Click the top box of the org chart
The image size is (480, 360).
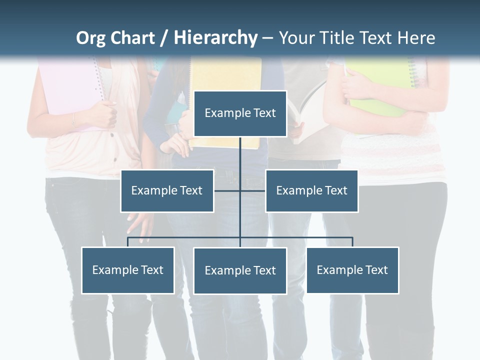pyautogui.click(x=240, y=113)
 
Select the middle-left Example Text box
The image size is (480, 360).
pyautogui.click(x=167, y=190)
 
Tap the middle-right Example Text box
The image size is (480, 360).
pyautogui.click(x=311, y=190)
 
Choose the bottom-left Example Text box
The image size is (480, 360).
pyautogui.click(x=127, y=270)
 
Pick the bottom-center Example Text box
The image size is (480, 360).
pyautogui.click(x=240, y=270)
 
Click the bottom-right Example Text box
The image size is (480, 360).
pyautogui.click(x=352, y=270)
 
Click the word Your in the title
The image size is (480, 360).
pyautogui.click(x=295, y=38)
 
